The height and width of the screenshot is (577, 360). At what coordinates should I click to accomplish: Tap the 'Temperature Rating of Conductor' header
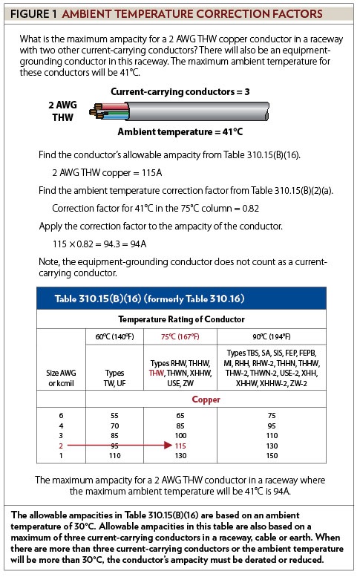click(x=182, y=319)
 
